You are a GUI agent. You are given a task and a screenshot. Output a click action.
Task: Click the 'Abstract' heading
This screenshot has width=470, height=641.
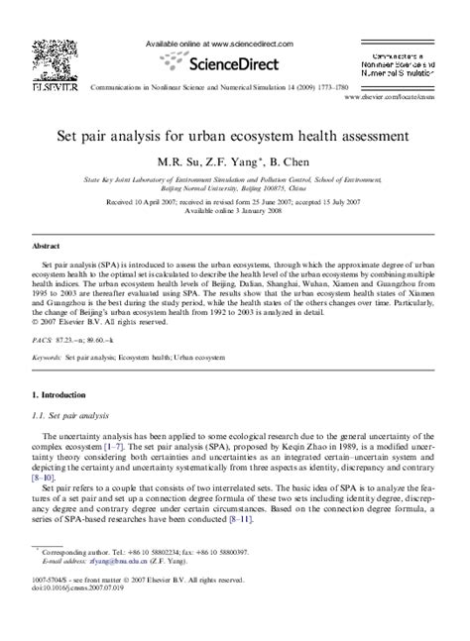pos(48,244)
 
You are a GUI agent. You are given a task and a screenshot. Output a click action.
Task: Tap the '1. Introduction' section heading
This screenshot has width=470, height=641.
pos(64,394)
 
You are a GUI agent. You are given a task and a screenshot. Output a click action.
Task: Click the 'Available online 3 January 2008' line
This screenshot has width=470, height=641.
pos(234,210)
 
